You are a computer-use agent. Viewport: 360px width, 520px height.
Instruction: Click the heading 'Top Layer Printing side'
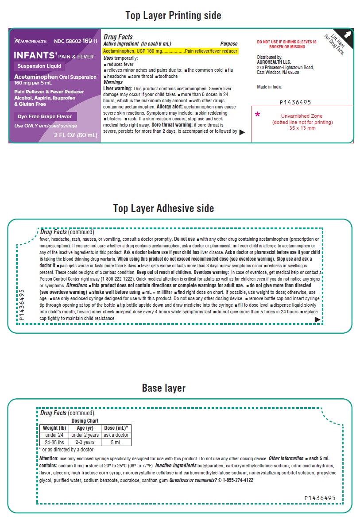pyautogui.click(x=173, y=15)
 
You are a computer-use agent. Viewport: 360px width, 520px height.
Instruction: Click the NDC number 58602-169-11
pyautogui.click(x=75, y=41)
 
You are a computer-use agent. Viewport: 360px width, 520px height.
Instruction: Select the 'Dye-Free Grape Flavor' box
pyautogui.click(x=46, y=117)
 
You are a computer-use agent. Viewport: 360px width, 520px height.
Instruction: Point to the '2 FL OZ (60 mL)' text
pyautogui.click(x=75, y=135)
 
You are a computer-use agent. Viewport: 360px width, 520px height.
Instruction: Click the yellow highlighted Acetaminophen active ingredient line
pyautogui.click(x=170, y=51)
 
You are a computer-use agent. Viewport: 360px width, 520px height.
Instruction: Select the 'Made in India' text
pyautogui.click(x=269, y=87)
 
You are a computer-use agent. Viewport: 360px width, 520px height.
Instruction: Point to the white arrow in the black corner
pyautogui.click(x=348, y=34)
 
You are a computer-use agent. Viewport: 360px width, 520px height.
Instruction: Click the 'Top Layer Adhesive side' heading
pyautogui.click(x=163, y=208)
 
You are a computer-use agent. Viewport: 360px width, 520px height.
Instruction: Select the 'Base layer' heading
pyautogui.click(x=163, y=388)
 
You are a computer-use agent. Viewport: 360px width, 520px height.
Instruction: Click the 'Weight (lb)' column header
pyautogui.click(x=54, y=428)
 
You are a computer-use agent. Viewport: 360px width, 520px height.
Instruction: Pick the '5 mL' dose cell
pyautogui.click(x=116, y=442)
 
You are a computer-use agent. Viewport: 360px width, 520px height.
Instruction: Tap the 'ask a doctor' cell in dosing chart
pyautogui.click(x=116, y=435)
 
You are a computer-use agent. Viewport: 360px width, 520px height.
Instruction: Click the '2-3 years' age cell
pyautogui.click(x=85, y=442)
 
